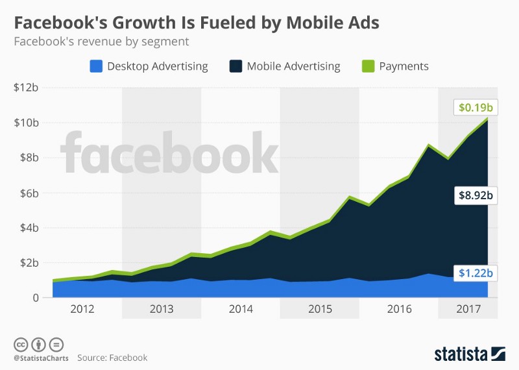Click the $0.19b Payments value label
[x=476, y=107]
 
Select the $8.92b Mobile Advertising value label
[x=476, y=195]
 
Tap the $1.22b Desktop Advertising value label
[x=476, y=273]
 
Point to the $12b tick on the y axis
[x=26, y=87]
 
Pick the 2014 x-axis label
[x=241, y=309]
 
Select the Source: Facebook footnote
[x=112, y=358]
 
